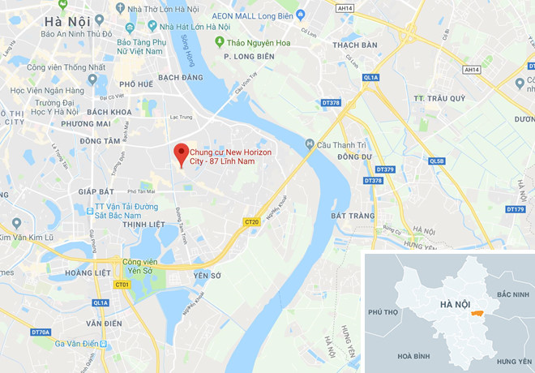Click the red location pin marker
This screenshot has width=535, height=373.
coord(182,152)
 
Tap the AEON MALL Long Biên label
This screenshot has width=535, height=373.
coord(251,15)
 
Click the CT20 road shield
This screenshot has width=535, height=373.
coord(250,221)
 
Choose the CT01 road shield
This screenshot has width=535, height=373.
coord(122,285)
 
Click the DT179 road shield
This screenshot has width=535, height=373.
coord(515,209)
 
